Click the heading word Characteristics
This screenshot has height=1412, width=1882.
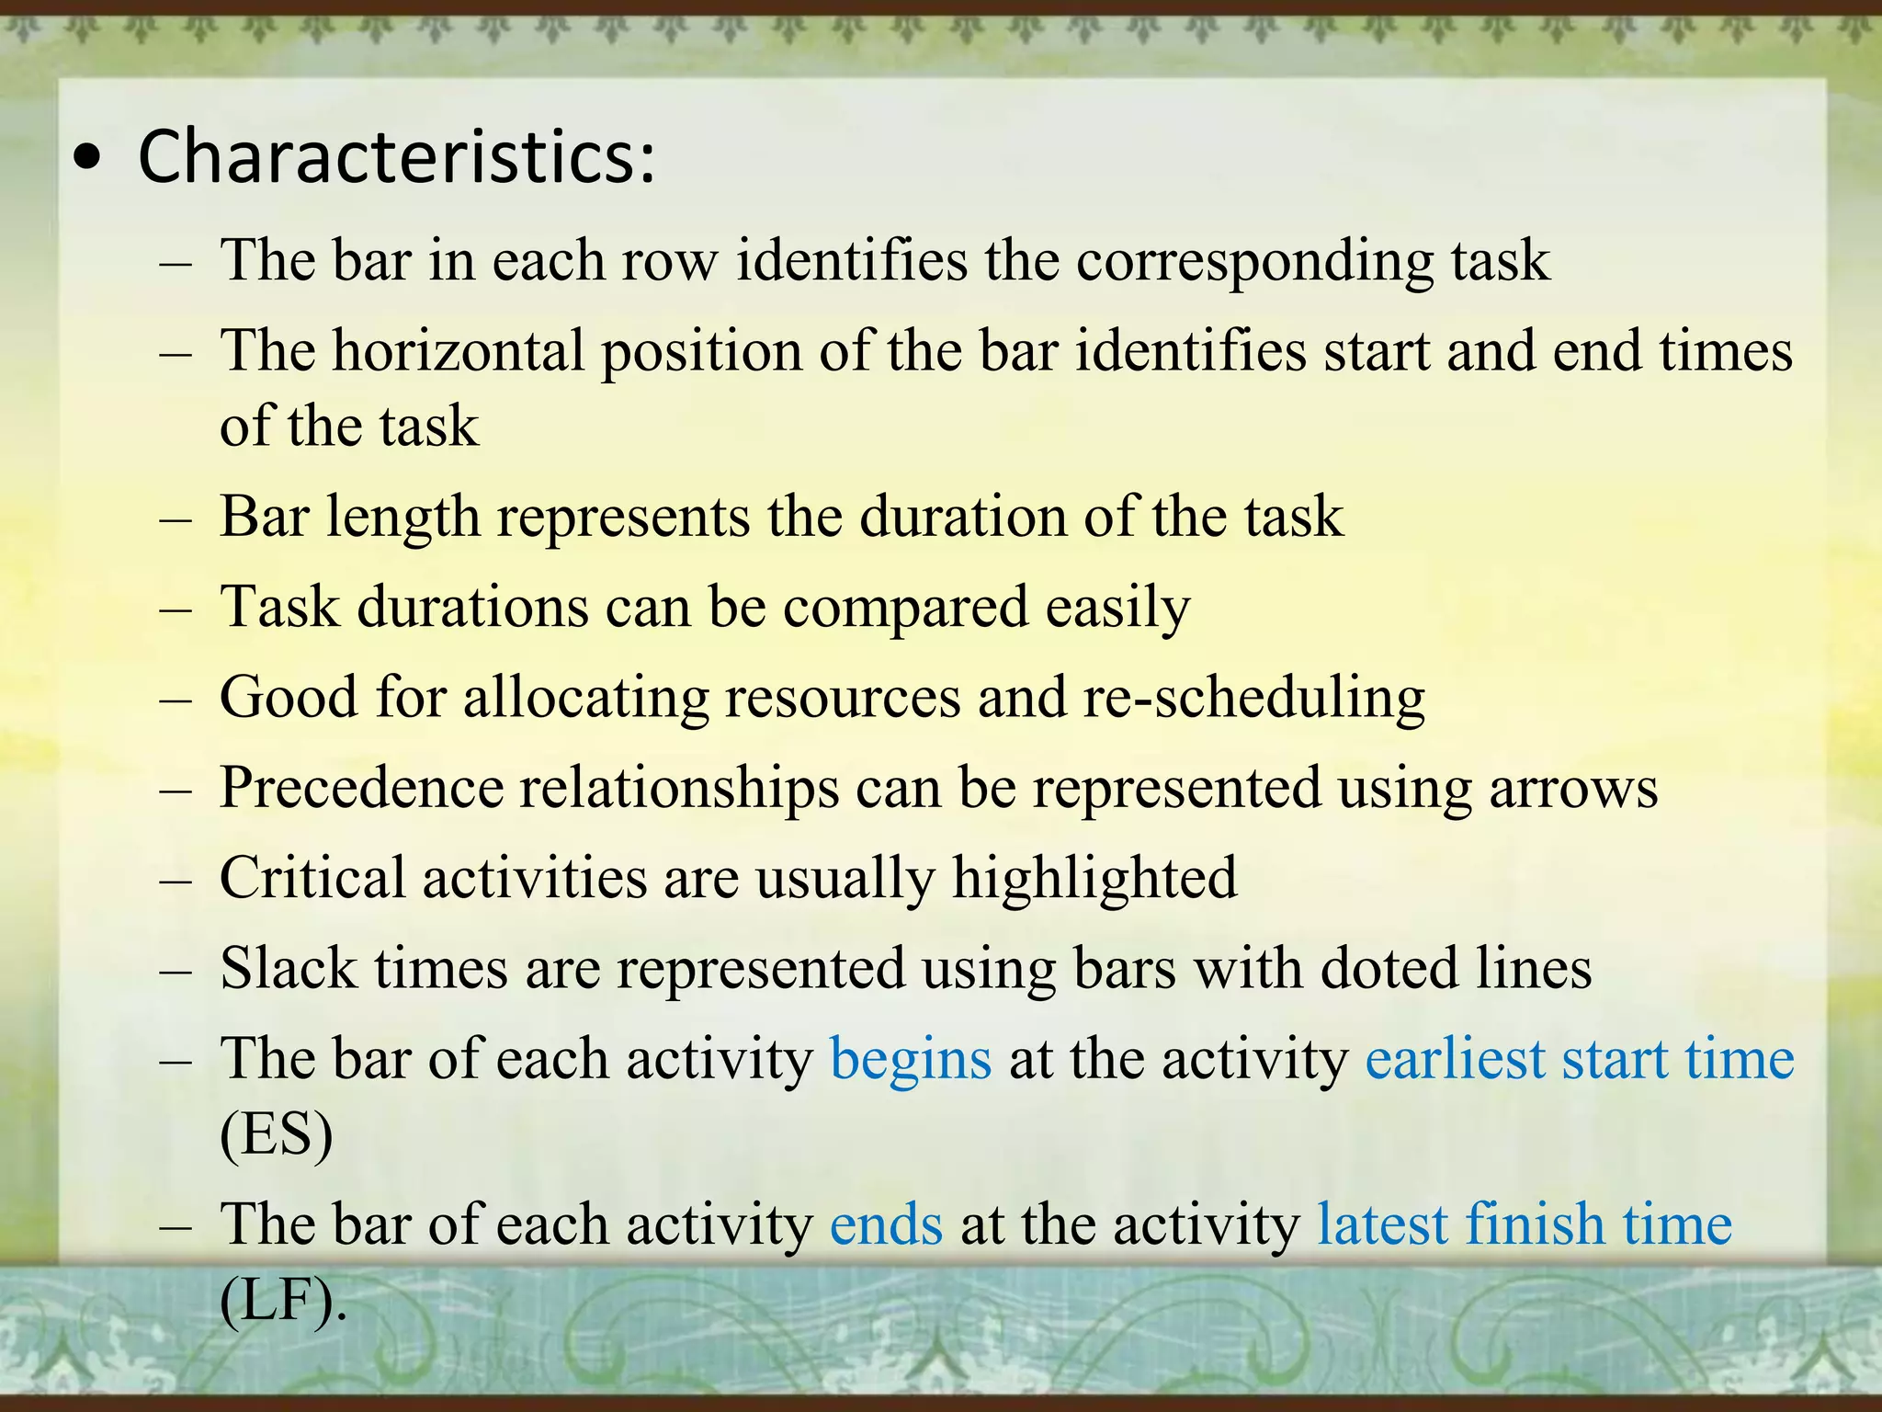395,156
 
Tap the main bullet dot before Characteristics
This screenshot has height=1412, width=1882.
87,160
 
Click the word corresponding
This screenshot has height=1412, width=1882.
1255,262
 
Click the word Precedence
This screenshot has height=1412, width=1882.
361,789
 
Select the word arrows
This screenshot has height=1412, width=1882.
1573,789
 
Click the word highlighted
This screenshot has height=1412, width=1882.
1094,878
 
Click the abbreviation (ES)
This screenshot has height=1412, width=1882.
277,1135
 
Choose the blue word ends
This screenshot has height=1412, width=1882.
886,1225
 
